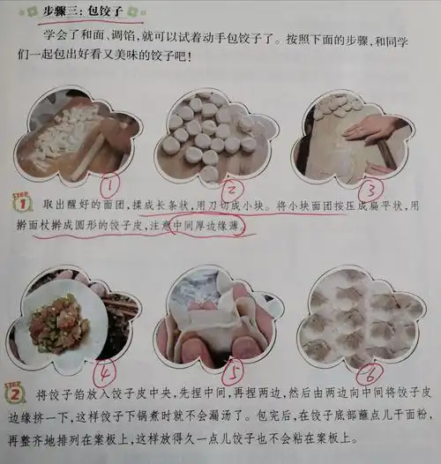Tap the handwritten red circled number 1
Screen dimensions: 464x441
tap(110, 185)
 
